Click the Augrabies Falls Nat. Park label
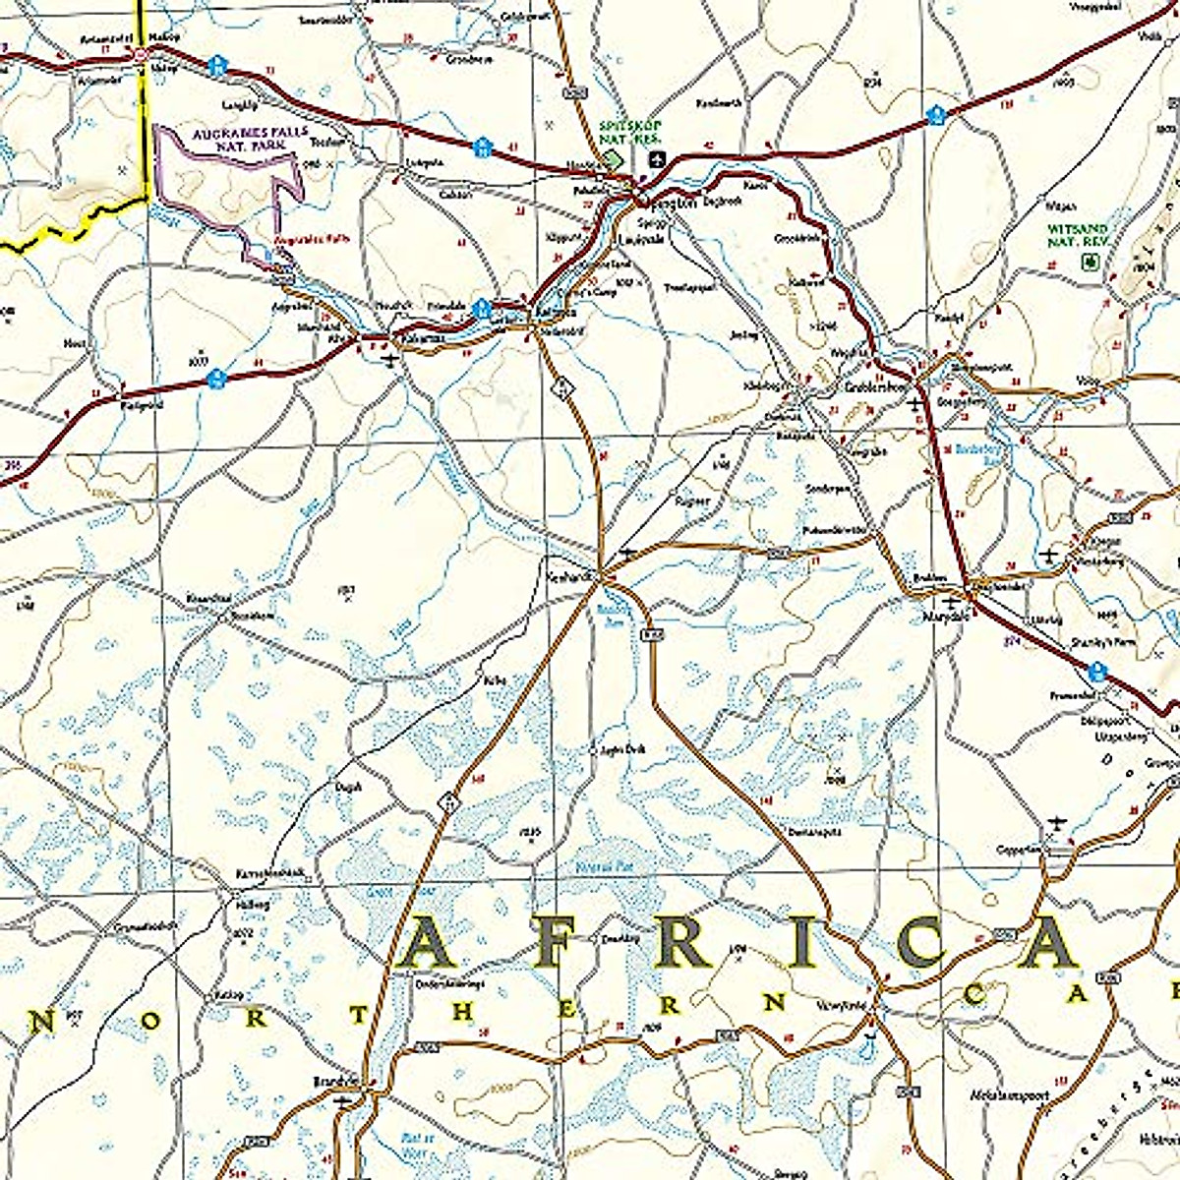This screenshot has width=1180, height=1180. click(235, 138)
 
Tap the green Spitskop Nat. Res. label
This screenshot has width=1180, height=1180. click(630, 130)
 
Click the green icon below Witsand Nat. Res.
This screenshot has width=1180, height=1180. click(1089, 261)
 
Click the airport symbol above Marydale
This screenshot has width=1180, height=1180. click(950, 599)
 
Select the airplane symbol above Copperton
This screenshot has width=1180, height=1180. click(1057, 821)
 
